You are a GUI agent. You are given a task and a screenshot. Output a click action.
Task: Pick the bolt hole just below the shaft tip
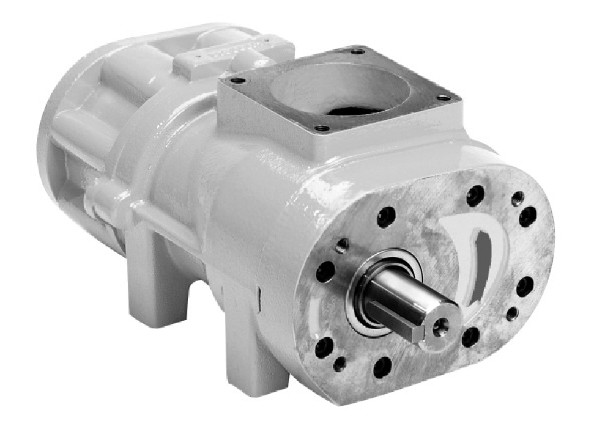(470, 336)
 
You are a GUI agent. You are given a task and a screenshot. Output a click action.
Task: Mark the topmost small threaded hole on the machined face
(518, 197)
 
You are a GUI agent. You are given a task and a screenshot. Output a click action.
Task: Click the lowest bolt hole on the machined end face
(382, 367)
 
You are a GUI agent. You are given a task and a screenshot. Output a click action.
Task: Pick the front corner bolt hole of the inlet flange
(321, 128)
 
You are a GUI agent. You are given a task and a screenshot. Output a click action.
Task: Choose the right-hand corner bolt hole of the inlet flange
(444, 97)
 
